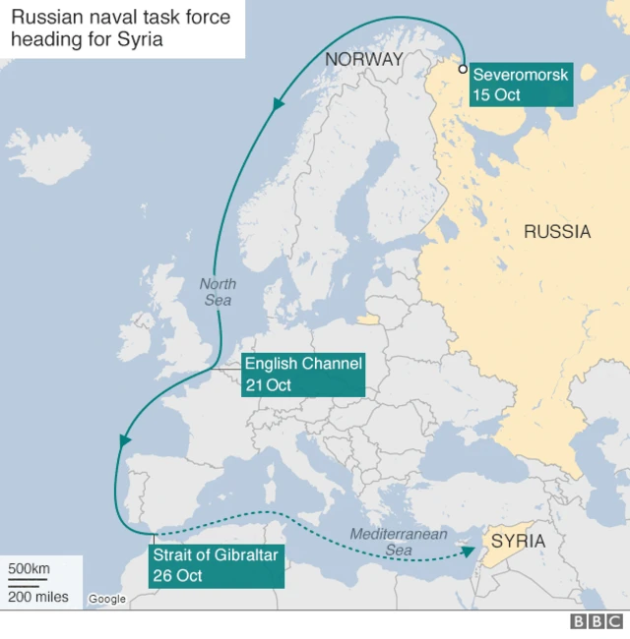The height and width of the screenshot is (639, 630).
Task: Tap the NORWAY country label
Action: coord(364,59)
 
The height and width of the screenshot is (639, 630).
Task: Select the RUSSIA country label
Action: coord(557,232)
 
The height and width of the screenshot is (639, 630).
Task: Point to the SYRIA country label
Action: coord(518,541)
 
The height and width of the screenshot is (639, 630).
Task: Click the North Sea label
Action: coord(218,292)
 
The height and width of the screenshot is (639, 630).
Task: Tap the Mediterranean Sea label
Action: coord(399,542)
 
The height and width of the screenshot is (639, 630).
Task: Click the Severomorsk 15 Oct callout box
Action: coord(520,85)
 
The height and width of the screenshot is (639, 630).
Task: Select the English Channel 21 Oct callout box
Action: coord(304,375)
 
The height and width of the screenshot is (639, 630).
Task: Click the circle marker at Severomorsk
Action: coord(463,70)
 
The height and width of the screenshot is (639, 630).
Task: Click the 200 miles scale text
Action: coord(38,596)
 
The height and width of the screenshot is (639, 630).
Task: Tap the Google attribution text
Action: coord(107,599)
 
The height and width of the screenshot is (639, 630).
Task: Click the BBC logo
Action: coord(597,621)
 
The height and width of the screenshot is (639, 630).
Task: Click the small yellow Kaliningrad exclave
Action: coord(368,319)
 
